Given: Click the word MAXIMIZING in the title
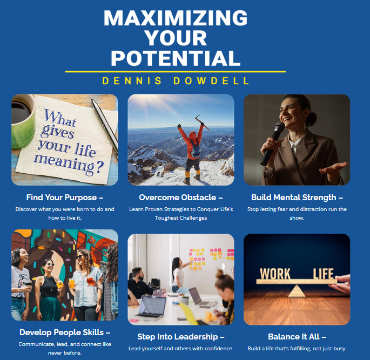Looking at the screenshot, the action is [x=176, y=18].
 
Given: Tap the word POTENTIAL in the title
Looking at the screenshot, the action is [x=176, y=58].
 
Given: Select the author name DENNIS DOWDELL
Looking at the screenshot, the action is [x=176, y=81].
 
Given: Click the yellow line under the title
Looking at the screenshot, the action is [x=176, y=71].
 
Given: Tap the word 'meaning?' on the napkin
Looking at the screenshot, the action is [x=69, y=165].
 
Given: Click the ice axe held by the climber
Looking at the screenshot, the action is [x=202, y=123].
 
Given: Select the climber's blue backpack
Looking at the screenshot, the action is [x=196, y=149].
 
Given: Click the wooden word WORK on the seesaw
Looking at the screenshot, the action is [x=275, y=274].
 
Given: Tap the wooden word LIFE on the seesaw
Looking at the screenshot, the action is [x=323, y=274].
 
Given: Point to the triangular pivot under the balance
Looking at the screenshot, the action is [x=297, y=291].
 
